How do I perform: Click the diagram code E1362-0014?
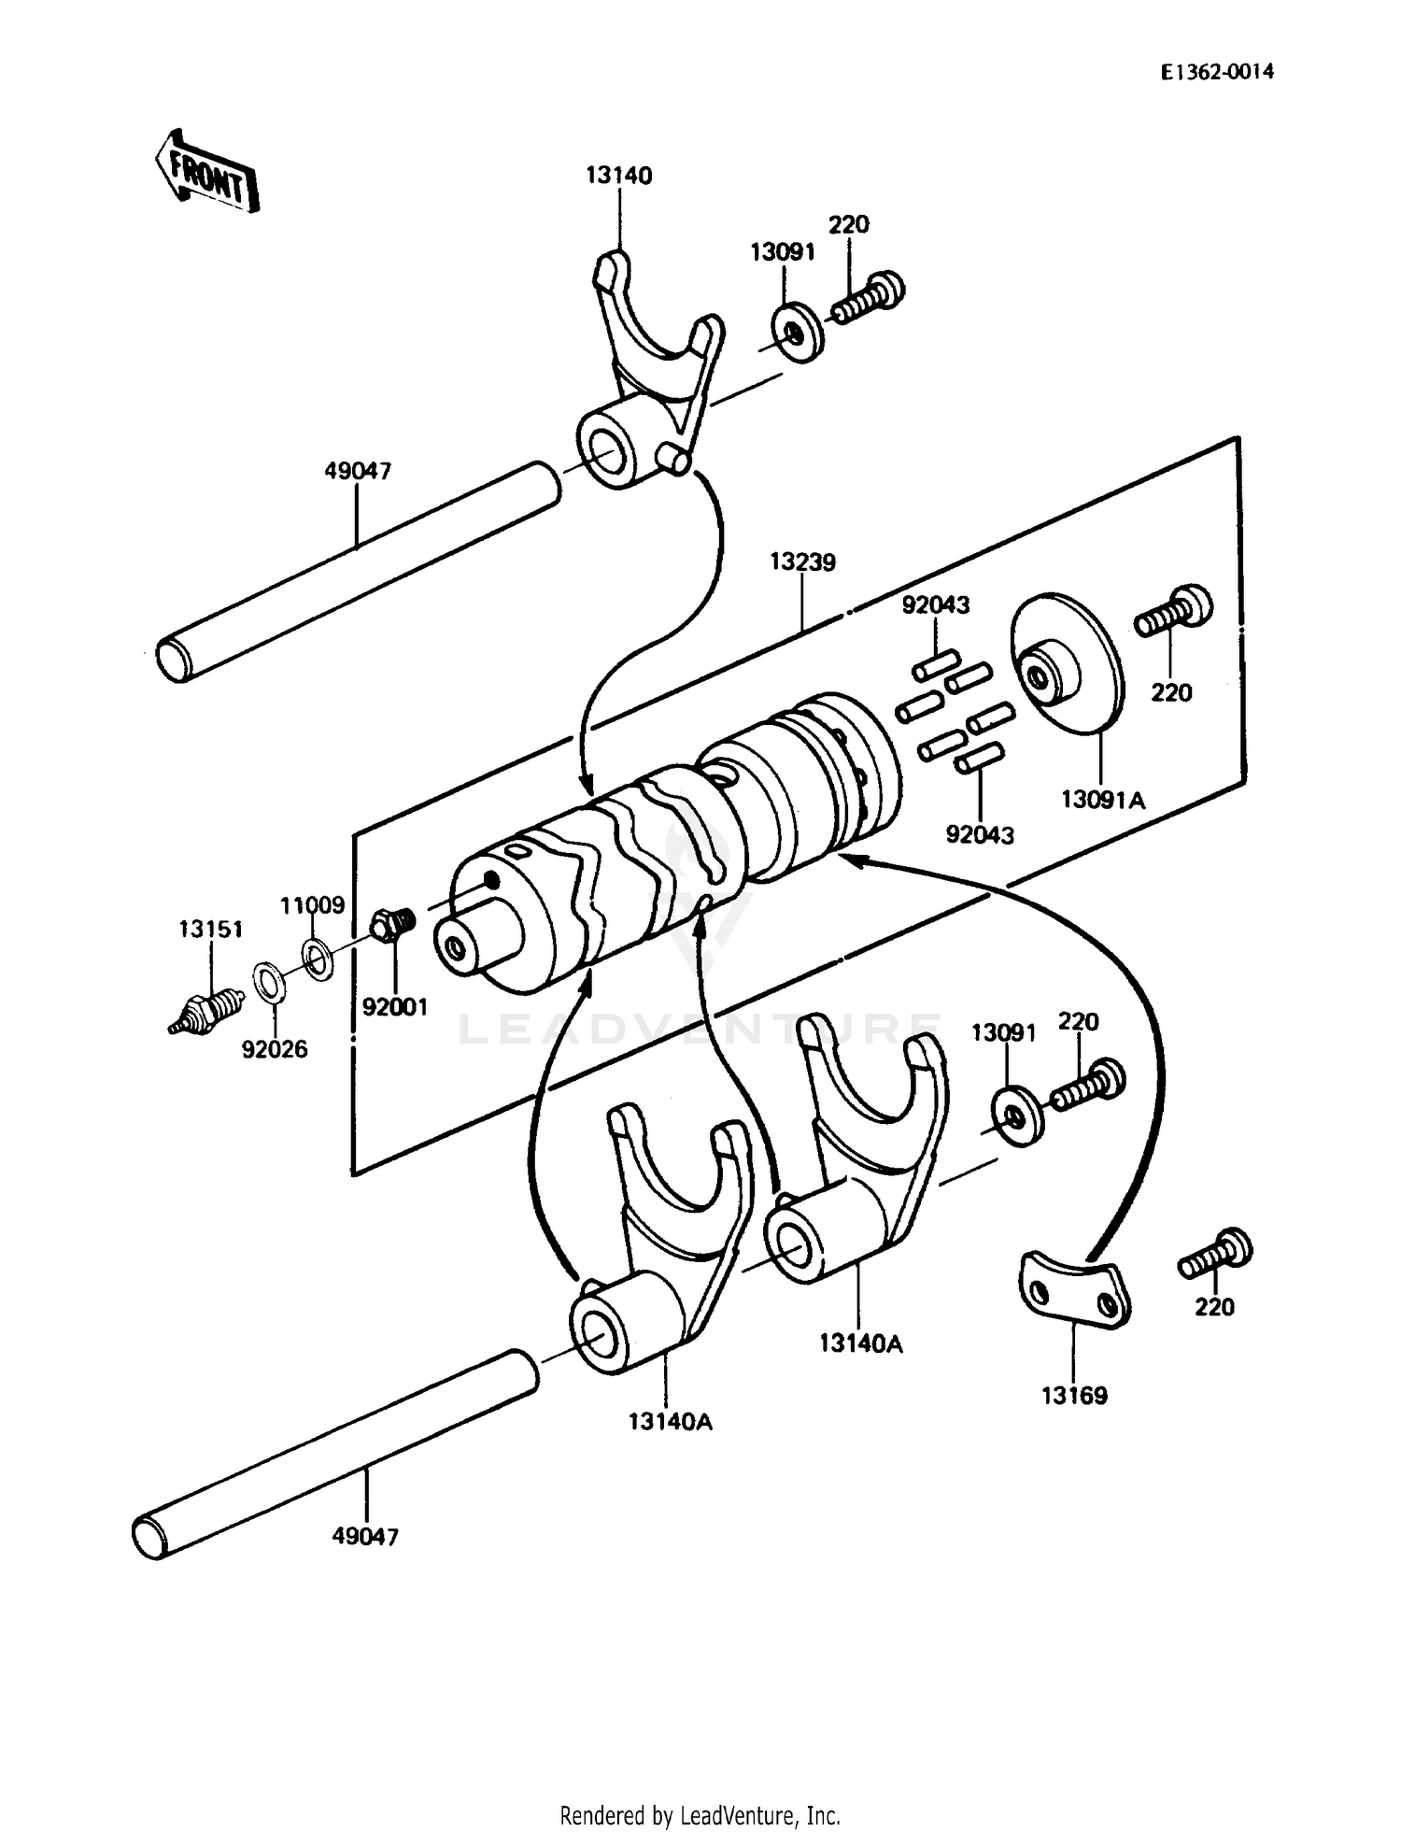1217,72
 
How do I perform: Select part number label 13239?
802,562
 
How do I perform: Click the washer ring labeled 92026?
269,985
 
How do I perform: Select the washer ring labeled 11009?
318,959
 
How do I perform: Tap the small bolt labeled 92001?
393,926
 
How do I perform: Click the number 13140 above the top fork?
619,176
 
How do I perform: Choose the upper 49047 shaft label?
357,472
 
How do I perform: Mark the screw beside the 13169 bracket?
1214,1255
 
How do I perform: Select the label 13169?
1074,1396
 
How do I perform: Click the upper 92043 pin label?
935,605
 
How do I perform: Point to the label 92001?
394,1007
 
